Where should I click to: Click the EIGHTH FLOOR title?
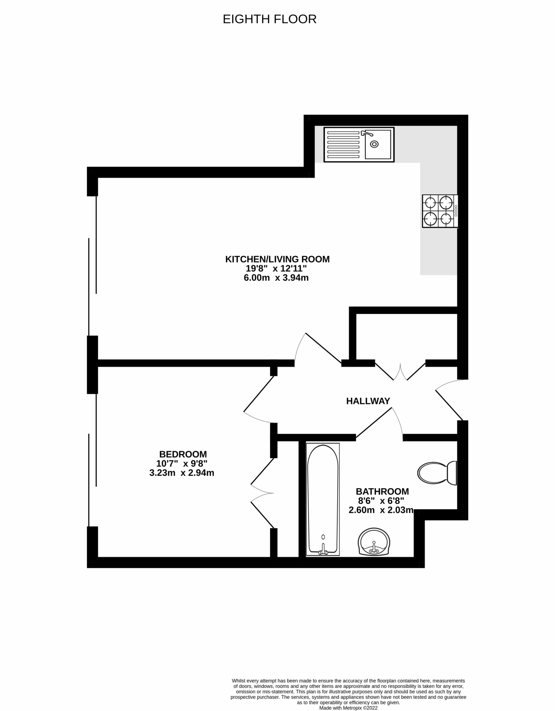(269, 19)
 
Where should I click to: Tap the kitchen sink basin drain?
(374, 144)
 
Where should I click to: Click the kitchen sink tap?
(366, 133)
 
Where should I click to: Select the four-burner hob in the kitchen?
(439, 211)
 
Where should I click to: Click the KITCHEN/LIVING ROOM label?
(277, 259)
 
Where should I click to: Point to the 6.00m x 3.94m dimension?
(276, 278)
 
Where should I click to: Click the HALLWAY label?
(368, 401)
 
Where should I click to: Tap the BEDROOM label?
(183, 454)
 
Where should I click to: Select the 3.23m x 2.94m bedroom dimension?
(182, 472)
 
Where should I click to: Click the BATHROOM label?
(382, 491)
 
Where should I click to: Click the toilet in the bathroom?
(437, 472)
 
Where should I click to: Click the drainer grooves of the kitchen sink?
(343, 144)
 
